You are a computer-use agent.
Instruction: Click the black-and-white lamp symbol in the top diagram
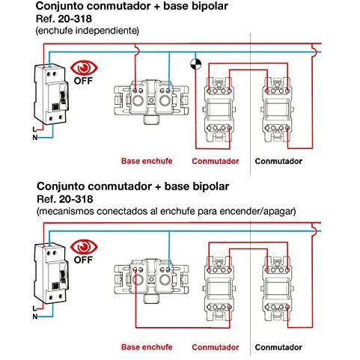[x=196, y=64]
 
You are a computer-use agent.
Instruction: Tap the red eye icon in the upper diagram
[x=84, y=67]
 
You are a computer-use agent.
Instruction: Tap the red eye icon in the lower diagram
[x=84, y=246]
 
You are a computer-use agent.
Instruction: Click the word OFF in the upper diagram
[x=83, y=81]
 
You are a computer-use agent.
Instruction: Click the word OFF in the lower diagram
[x=83, y=260]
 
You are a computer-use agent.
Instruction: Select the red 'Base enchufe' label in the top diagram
[x=147, y=161]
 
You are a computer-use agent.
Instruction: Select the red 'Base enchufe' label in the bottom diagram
[x=147, y=347]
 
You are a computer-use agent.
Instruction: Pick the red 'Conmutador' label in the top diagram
[x=216, y=161]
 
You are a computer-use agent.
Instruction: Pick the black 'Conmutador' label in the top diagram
[x=278, y=161]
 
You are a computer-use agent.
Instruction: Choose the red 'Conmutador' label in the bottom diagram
[x=216, y=347]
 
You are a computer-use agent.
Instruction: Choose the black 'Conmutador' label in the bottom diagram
[x=278, y=347]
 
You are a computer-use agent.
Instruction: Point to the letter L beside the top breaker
[x=34, y=129]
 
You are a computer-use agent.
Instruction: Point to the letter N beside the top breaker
[x=35, y=138]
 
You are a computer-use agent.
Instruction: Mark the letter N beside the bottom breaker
[x=35, y=317]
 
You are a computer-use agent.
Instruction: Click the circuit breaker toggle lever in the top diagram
[x=63, y=97]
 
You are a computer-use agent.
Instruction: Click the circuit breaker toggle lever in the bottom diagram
[x=63, y=277]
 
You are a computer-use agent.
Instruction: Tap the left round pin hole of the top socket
[x=137, y=101]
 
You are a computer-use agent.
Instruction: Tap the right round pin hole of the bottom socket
[x=165, y=280]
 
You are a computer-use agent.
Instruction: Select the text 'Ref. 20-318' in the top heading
[x=64, y=19]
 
